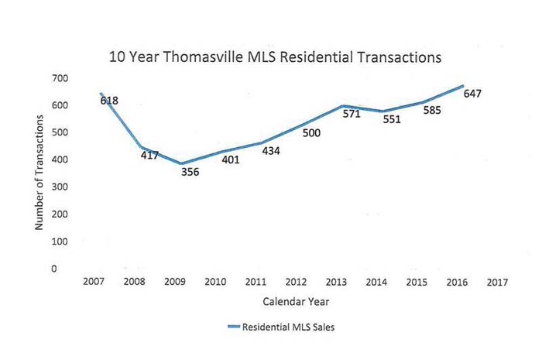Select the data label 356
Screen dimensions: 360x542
pyautogui.click(x=190, y=172)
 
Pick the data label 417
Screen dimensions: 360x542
pyautogui.click(x=149, y=155)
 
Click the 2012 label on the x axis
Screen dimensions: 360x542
pyautogui.click(x=297, y=283)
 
